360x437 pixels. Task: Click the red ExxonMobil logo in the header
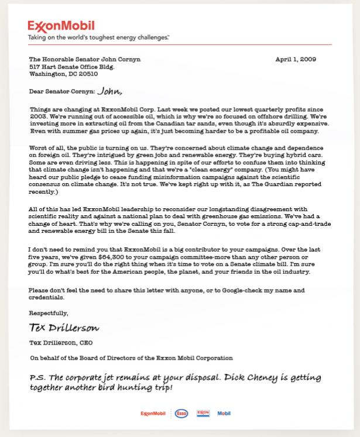60,26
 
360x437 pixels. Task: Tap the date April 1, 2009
296,60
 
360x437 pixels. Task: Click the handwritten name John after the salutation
110,91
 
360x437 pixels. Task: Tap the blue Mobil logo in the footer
224,414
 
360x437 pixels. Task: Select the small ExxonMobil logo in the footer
153,414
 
